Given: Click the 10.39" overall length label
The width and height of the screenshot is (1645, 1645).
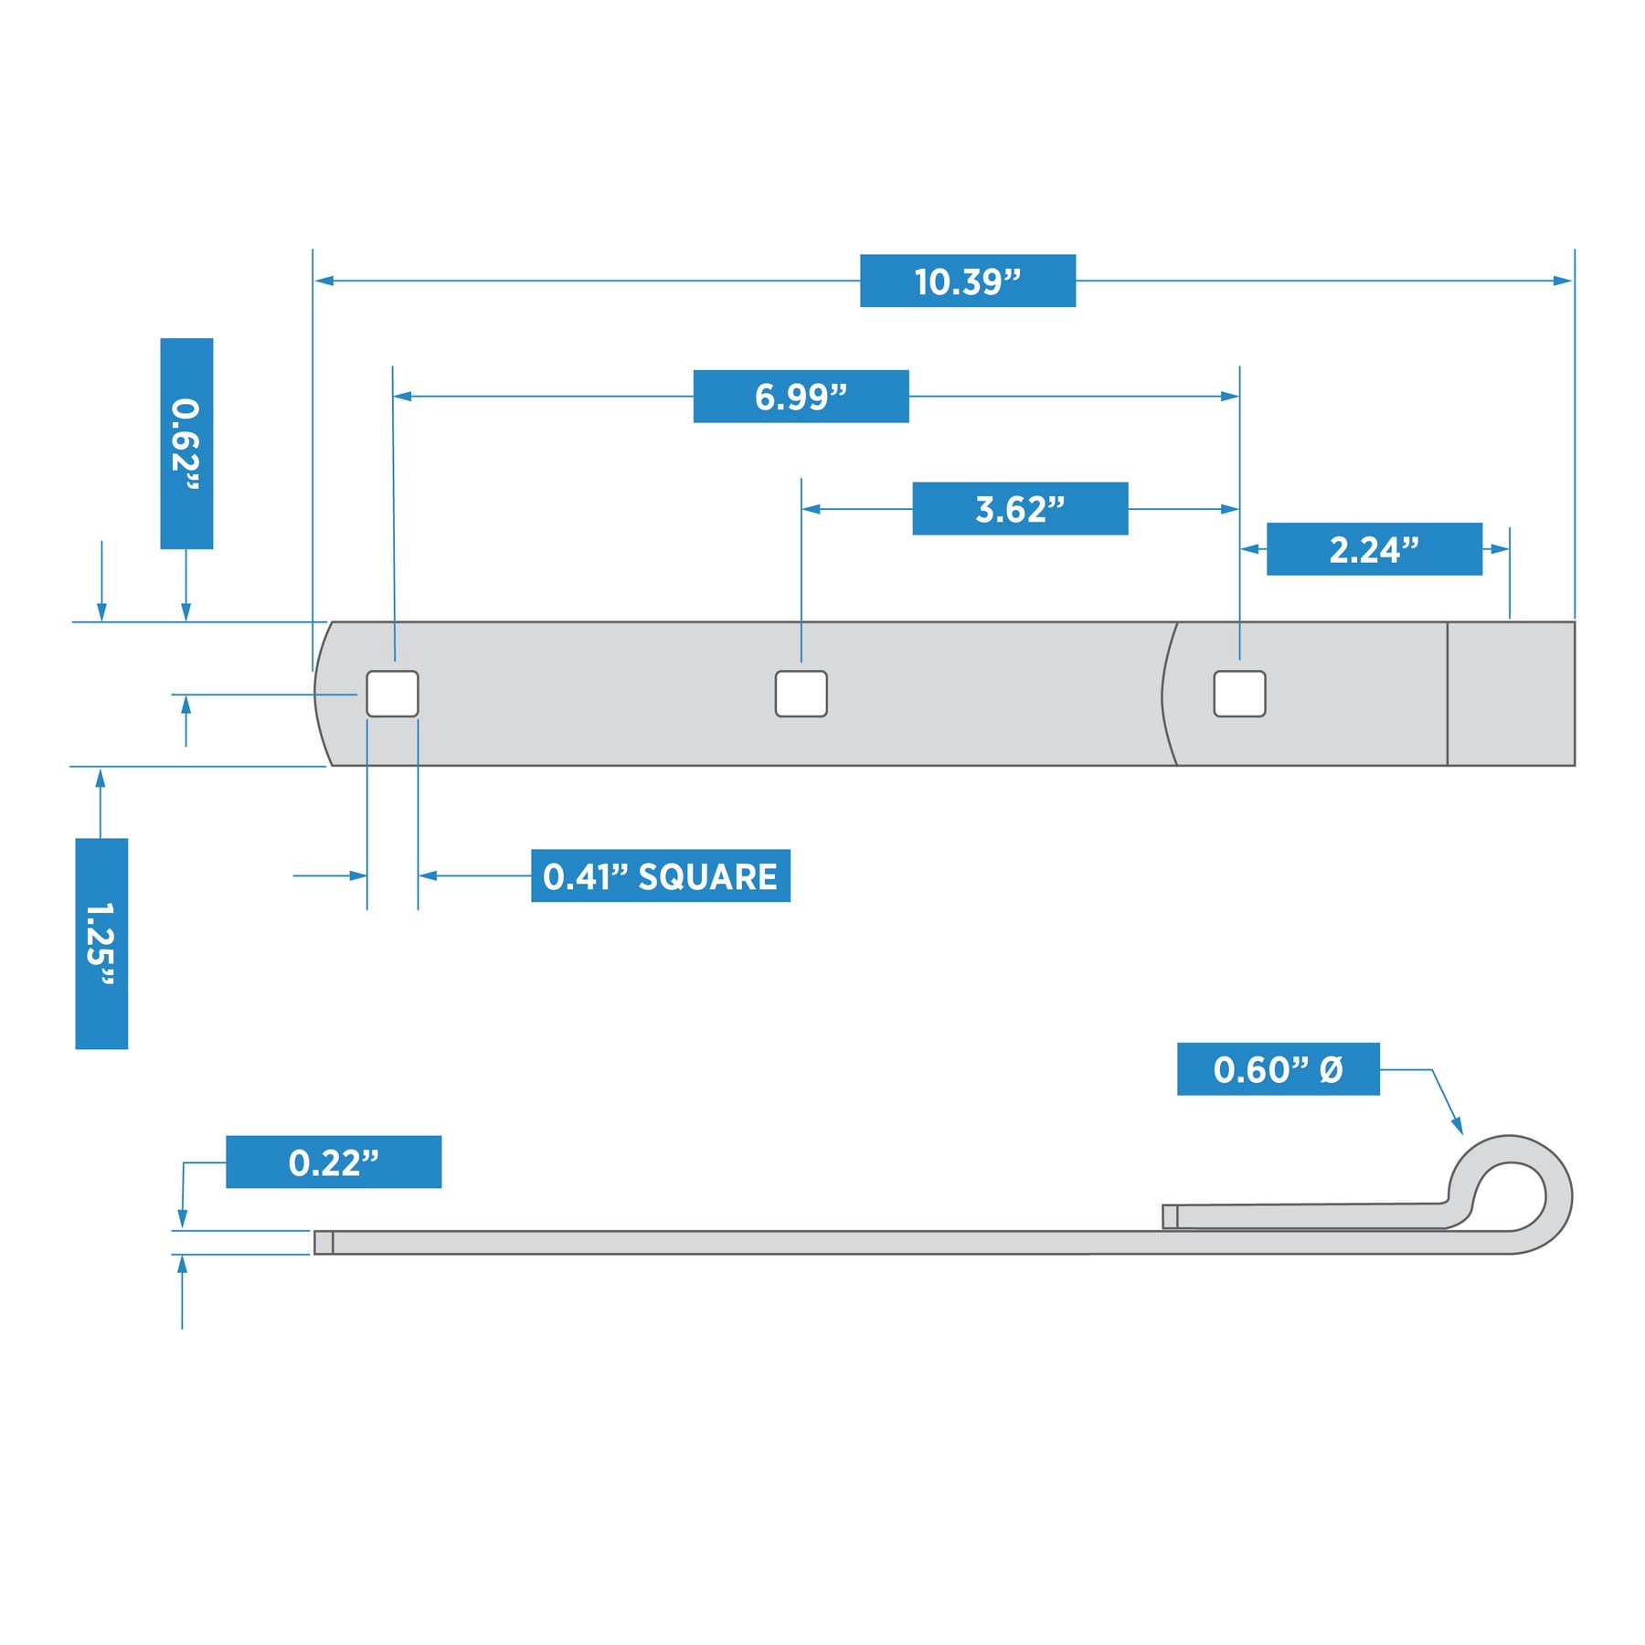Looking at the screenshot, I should (967, 281).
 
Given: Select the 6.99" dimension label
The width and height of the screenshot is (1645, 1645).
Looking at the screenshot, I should (801, 397).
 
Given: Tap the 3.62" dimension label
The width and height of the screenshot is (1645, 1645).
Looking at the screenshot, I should (1020, 508).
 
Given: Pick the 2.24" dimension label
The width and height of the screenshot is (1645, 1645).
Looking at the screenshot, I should (1374, 549).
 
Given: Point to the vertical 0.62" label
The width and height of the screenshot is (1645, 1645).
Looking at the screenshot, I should (186, 443).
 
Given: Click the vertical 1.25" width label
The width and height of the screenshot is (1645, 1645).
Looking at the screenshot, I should (101, 943).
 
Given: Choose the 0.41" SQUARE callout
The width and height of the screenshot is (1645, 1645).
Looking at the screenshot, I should (660, 876).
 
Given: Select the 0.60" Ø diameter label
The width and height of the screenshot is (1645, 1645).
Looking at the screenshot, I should (1278, 1068).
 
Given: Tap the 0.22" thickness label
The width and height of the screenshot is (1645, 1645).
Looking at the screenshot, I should (334, 1162).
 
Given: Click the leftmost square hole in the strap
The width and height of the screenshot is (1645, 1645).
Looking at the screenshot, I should (392, 694).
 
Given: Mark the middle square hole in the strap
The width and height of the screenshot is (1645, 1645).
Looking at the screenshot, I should (801, 694).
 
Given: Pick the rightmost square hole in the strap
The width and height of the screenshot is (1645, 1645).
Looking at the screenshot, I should (1239, 694).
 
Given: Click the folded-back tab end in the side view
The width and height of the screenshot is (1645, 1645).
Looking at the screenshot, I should (1170, 1216).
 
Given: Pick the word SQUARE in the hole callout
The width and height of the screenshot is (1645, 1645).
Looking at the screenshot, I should (707, 876).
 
